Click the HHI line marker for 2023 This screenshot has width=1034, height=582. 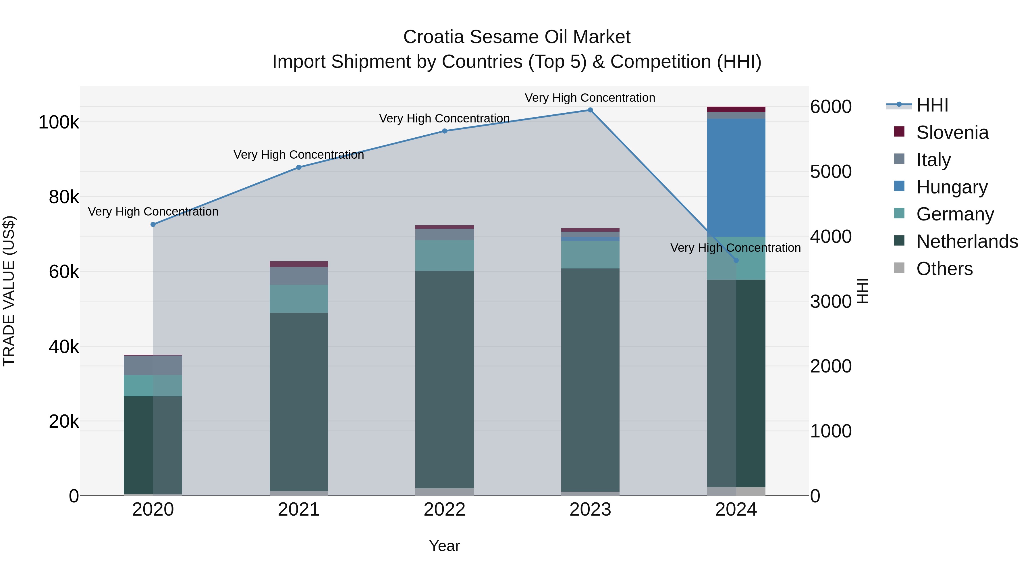coord(590,110)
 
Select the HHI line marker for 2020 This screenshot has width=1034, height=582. coord(153,224)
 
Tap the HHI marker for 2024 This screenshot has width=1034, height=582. coord(736,260)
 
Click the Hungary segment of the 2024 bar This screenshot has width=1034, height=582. coord(736,178)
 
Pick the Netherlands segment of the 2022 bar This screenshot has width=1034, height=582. coord(444,380)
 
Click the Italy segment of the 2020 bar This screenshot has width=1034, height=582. coord(153,365)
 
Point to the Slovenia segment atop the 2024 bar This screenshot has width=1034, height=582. coord(736,109)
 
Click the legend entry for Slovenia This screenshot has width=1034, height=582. coord(952,132)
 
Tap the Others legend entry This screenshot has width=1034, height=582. coord(944,269)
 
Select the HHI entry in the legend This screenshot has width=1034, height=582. coord(932,105)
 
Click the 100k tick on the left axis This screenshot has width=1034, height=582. coord(59,122)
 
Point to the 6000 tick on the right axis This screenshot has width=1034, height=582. coord(830,107)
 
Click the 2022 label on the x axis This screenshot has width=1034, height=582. coord(444,510)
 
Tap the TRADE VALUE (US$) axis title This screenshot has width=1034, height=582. coord(9,291)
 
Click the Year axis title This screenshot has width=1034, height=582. coord(444,546)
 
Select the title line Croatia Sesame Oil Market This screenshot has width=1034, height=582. coord(517,37)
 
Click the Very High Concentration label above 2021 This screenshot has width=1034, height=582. coord(299,155)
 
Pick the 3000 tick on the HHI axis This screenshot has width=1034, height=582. coord(830,302)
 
